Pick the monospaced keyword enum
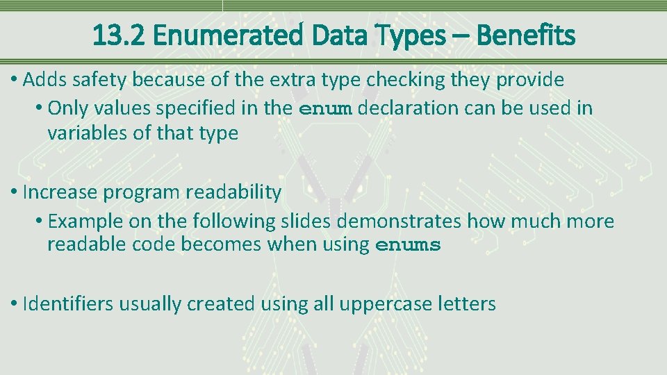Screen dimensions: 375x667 click(x=325, y=109)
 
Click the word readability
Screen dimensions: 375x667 click(x=233, y=192)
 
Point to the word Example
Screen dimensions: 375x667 click(x=87, y=222)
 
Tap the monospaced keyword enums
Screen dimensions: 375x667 click(x=408, y=246)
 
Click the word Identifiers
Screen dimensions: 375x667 click(x=68, y=303)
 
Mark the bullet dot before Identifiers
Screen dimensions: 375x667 click(x=15, y=304)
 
